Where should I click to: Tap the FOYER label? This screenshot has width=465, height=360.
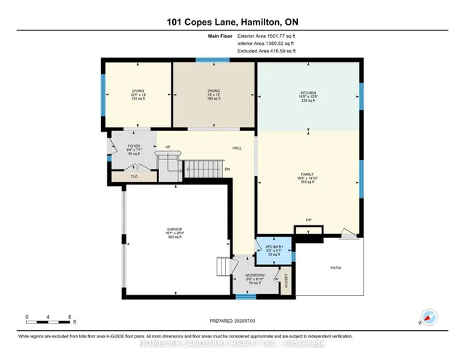tap(134, 146)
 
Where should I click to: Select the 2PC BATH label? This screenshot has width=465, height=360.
tap(273, 247)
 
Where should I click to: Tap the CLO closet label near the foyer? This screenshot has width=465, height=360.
tap(134, 176)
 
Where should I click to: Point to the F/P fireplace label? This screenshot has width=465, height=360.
tap(308, 220)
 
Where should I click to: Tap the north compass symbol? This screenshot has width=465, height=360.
tap(429, 317)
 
